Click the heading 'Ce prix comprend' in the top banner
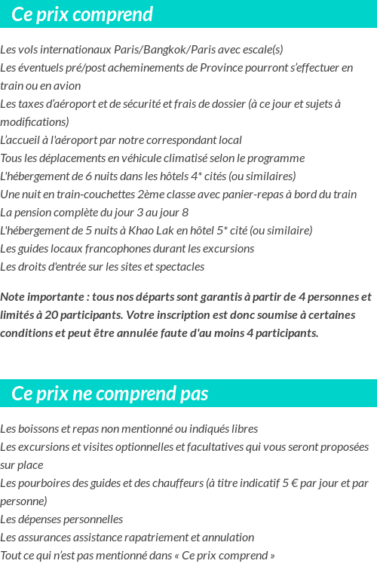point(82,14)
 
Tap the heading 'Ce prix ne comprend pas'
point(110,394)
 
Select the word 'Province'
point(223,68)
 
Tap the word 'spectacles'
point(179,267)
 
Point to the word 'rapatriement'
point(153,538)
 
